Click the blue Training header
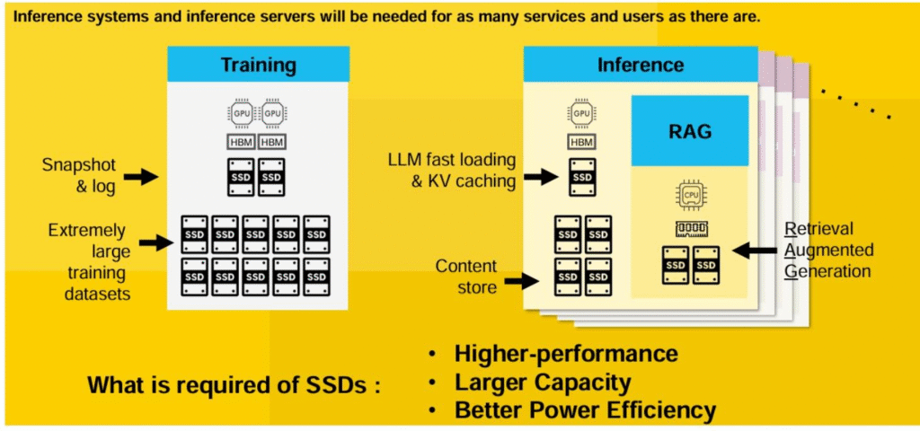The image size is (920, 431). pyautogui.click(x=258, y=65)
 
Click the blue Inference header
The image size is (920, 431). pyautogui.click(x=640, y=65)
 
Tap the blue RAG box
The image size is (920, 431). pyautogui.click(x=690, y=131)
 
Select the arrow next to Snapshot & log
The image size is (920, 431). pyautogui.click(x=140, y=177)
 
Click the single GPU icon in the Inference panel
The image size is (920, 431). pyautogui.click(x=582, y=114)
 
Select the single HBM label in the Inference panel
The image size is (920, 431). pyautogui.click(x=582, y=142)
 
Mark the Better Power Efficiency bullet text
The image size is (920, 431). pyautogui.click(x=585, y=410)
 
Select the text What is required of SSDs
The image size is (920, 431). pyautogui.click(x=234, y=385)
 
